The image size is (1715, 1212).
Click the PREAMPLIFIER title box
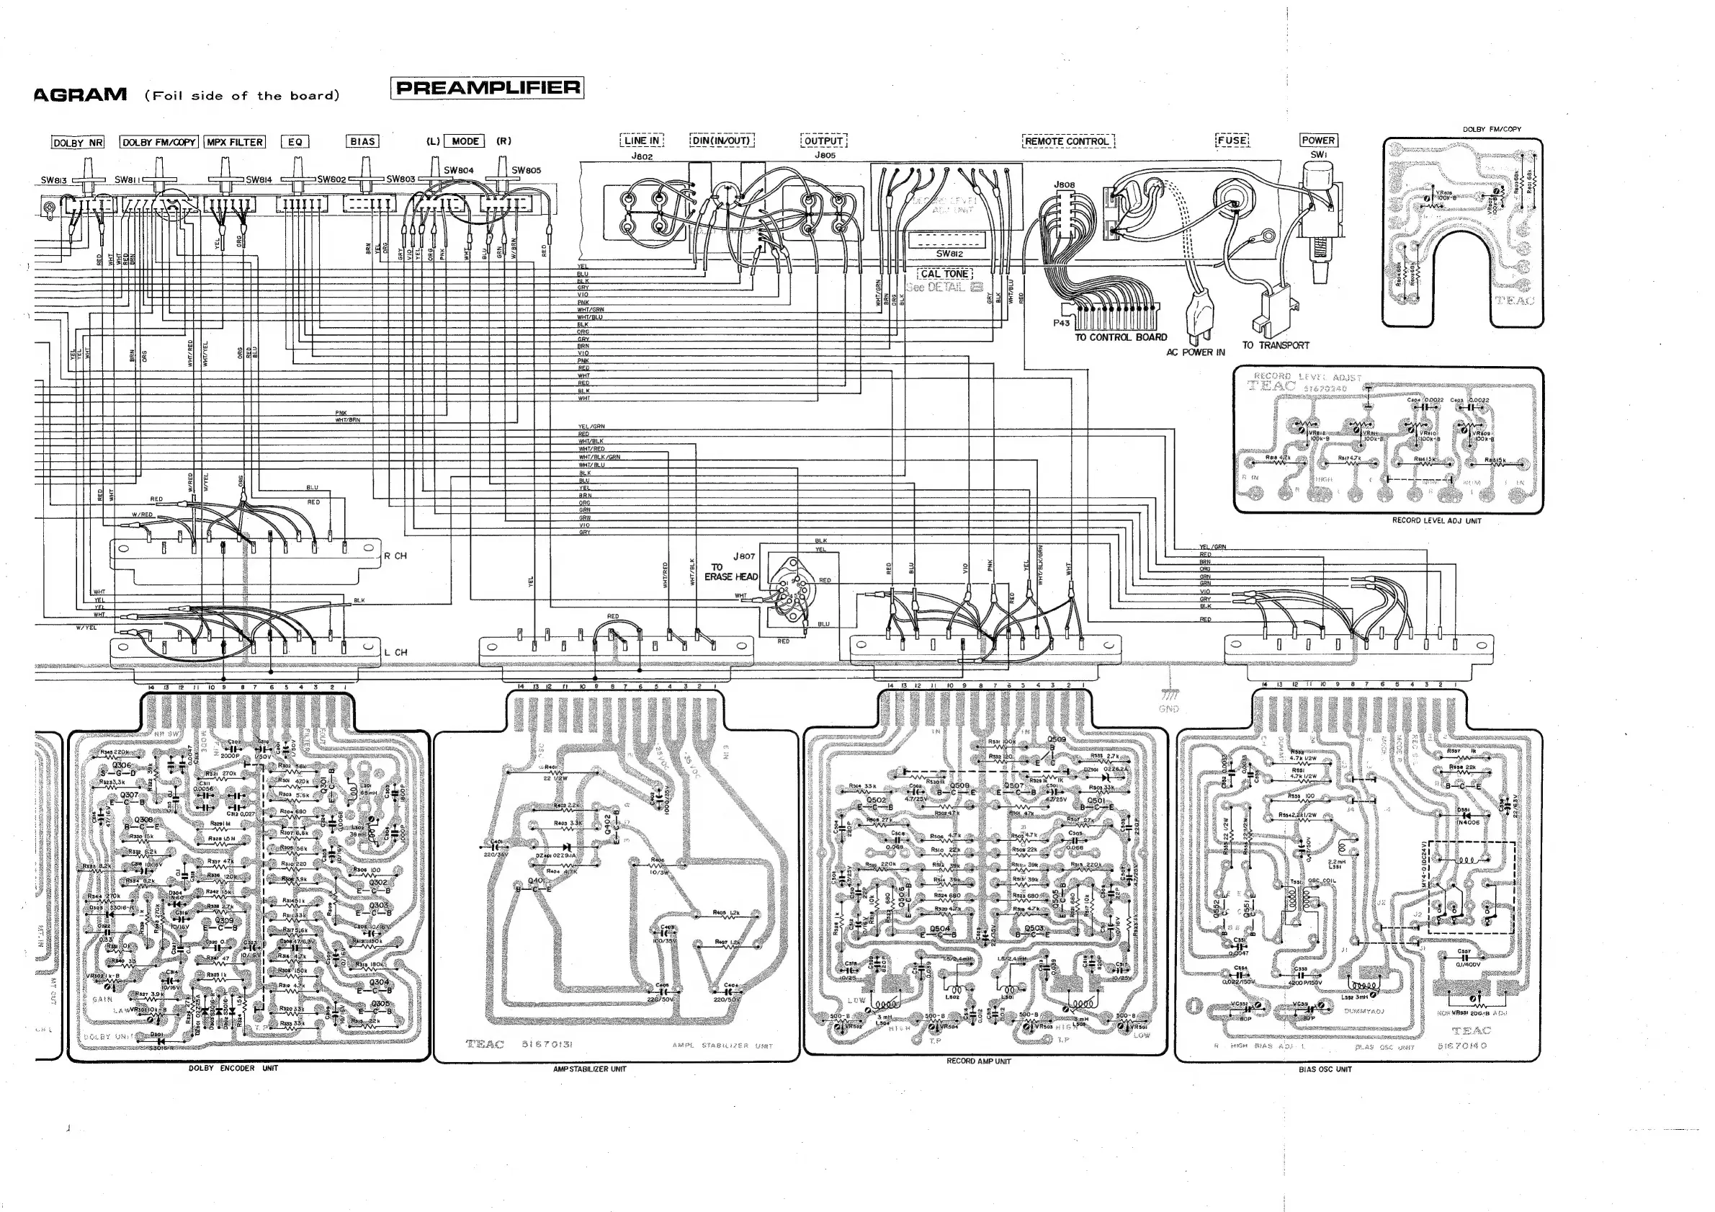tap(487, 88)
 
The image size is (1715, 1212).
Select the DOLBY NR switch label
tap(78, 142)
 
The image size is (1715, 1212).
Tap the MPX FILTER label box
tap(235, 142)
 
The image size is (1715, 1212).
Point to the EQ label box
tap(295, 141)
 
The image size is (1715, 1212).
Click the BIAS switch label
tap(362, 141)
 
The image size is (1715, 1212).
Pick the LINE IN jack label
tap(642, 141)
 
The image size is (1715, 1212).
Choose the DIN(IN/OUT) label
tap(722, 141)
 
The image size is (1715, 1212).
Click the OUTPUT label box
tap(824, 141)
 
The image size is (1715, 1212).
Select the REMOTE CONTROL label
tap(1067, 141)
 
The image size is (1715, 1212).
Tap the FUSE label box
tap(1232, 141)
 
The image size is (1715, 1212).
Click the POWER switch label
tap(1318, 141)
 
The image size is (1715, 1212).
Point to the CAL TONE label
tap(944, 274)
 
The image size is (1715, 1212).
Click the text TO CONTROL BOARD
tap(1121, 337)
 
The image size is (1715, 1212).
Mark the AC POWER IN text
tap(1195, 352)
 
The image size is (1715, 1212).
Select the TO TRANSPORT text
tap(1276, 345)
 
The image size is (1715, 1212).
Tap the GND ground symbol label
tap(1168, 708)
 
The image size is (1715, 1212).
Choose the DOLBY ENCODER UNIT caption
tap(233, 1068)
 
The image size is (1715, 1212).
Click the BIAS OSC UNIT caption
tap(1325, 1069)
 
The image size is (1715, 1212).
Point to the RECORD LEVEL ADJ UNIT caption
tap(1436, 520)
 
